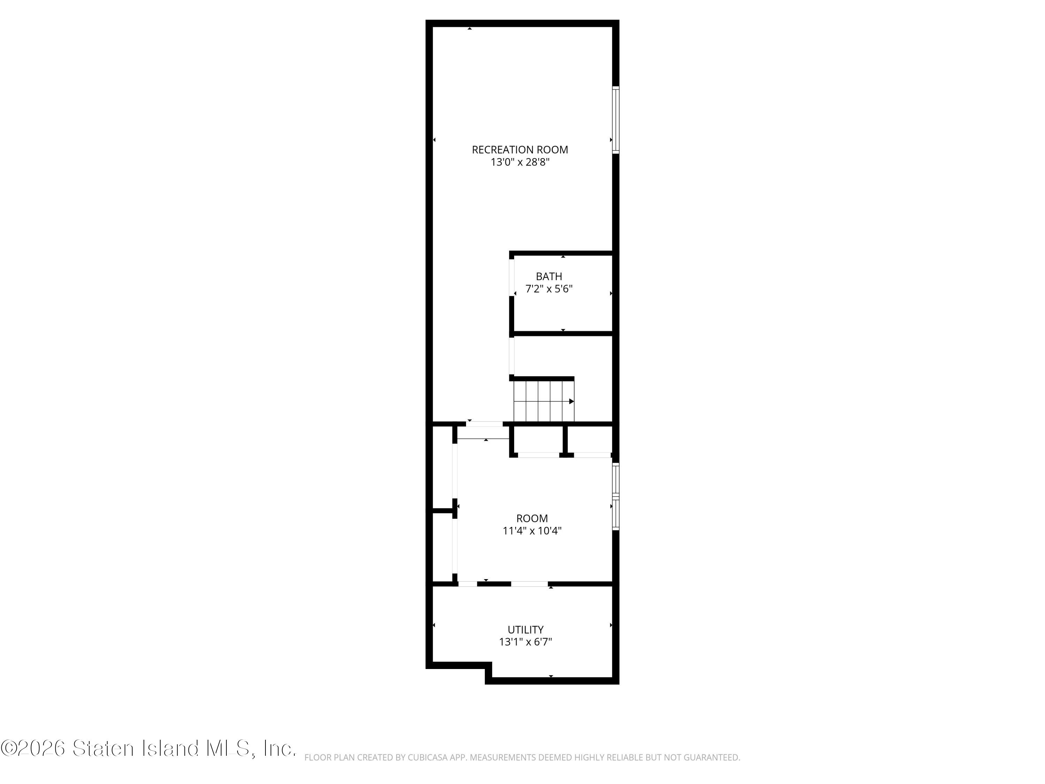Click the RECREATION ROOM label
coord(520,150)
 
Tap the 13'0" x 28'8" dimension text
coord(520,162)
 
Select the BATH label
coord(549,276)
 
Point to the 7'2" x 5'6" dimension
coord(549,289)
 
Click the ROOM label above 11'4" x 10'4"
coord(532,518)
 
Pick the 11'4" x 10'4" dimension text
coord(532,531)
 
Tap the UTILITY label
coord(525,630)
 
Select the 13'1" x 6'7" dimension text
coord(525,642)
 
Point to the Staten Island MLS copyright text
coord(148,748)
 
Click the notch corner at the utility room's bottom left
coord(488,666)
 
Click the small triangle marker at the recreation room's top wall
coord(470,29)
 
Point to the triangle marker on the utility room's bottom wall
coord(551,676)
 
